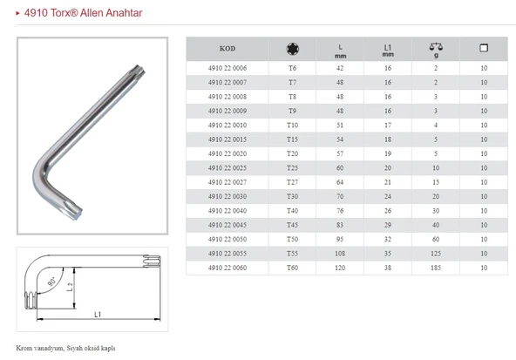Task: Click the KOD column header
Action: coord(227,49)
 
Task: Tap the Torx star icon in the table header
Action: coord(292,49)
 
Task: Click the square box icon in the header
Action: coord(484,48)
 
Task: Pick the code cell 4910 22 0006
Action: coord(227,68)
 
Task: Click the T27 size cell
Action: coord(292,182)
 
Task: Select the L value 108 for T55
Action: coord(340,254)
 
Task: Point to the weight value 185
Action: coord(436,268)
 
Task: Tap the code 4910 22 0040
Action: coord(227,211)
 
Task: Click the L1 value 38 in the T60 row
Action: coord(388,268)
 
